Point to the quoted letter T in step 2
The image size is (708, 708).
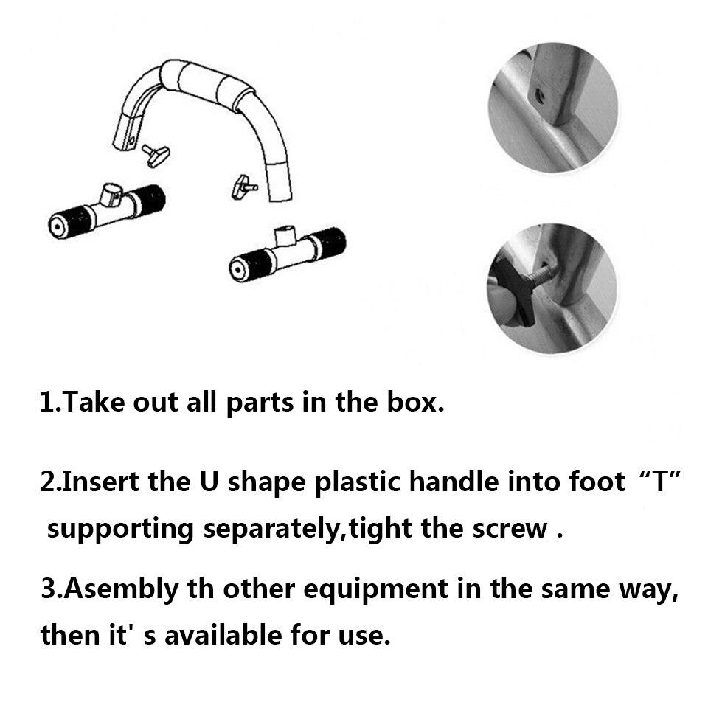pyautogui.click(x=660, y=482)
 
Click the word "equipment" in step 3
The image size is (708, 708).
pyautogui.click(x=375, y=591)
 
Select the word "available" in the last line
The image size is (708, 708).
pyautogui.click(x=223, y=635)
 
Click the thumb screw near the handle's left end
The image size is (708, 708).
pyautogui.click(x=156, y=156)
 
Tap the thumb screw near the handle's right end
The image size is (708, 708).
pyautogui.click(x=244, y=187)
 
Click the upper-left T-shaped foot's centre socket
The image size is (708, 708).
pyautogui.click(x=111, y=194)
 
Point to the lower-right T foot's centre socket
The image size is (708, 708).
pyautogui.click(x=285, y=236)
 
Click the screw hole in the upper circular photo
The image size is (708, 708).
pyautogui.click(x=538, y=95)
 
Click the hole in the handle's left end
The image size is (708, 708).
pyautogui.click(x=131, y=140)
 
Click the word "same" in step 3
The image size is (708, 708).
pyautogui.click(x=575, y=591)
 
